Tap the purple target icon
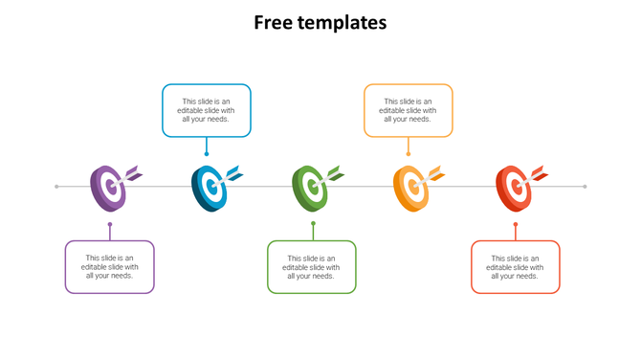point(108,187)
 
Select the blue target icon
point(210,187)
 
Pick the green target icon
point(310,187)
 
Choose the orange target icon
point(411,187)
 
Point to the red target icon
point(514,187)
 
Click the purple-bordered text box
point(110,266)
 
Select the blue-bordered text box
point(207,110)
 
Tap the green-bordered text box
point(312,266)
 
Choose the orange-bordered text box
point(409,110)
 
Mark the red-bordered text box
point(516,266)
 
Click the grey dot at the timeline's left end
point(57,187)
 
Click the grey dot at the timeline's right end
point(585,187)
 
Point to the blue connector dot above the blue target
point(207,153)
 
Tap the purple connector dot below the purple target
point(110,224)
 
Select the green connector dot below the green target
point(313,224)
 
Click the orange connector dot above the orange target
point(409,153)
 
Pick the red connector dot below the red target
point(516,224)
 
